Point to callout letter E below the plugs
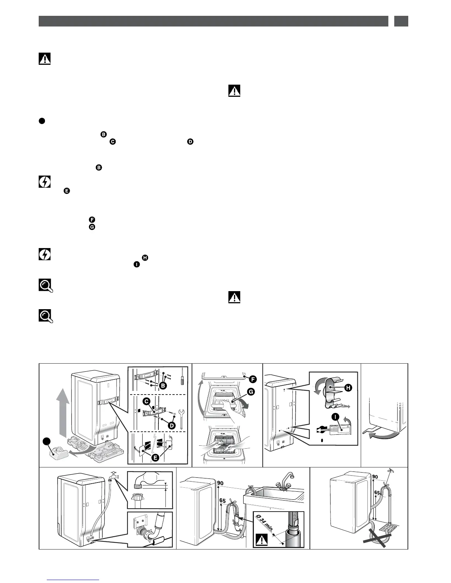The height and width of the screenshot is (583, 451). (156, 457)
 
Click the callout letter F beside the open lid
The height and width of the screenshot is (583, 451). (253, 379)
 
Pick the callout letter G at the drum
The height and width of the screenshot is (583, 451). (251, 392)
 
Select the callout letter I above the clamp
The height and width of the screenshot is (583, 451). (334, 417)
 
